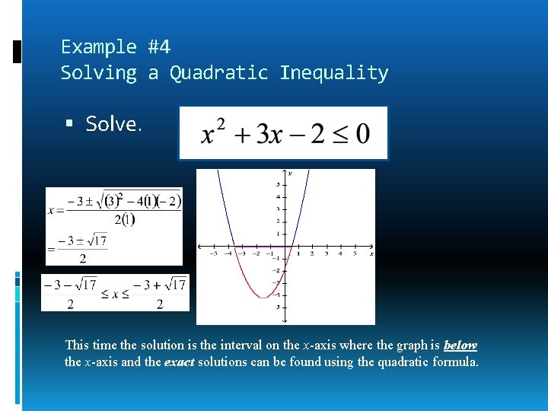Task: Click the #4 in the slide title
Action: tap(159, 47)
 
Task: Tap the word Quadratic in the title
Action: tap(218, 73)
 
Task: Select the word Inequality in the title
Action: tap(333, 73)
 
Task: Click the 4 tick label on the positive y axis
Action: tap(277, 196)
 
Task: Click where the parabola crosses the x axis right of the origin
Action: tap(293, 247)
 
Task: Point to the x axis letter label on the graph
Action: tap(371, 253)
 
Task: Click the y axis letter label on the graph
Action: tap(290, 174)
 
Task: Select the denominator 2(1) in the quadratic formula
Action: tap(124, 220)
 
